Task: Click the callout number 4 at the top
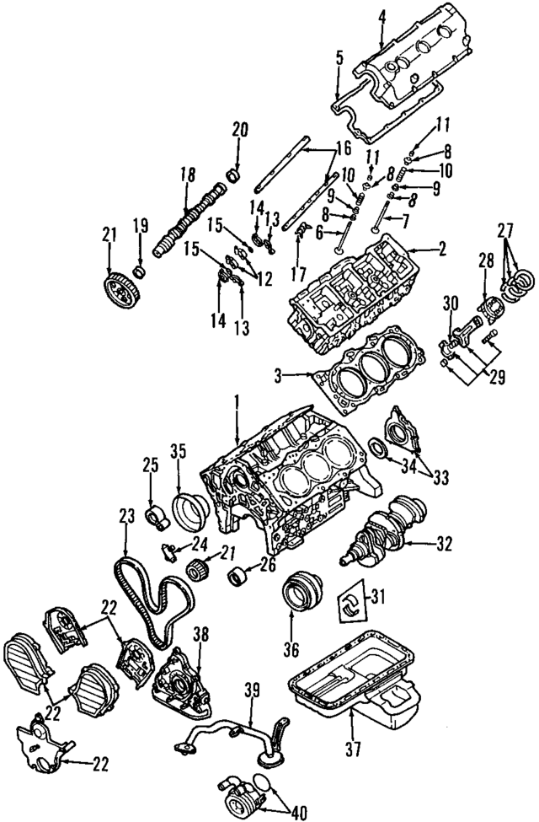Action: [x=382, y=15]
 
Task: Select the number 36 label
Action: [x=291, y=651]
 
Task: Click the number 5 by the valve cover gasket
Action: [x=339, y=59]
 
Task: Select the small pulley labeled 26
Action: [x=239, y=578]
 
